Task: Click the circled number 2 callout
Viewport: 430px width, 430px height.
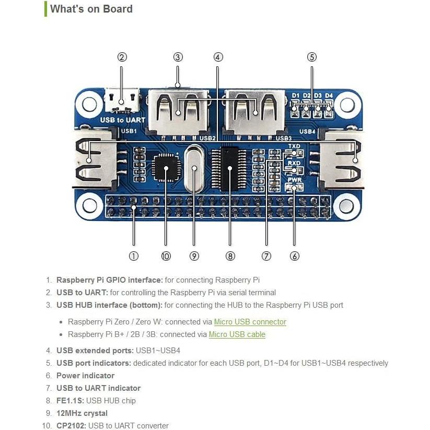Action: coord(122,57)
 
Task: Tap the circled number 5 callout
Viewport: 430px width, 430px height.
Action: coord(312,57)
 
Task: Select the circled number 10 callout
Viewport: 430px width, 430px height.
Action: coord(166,256)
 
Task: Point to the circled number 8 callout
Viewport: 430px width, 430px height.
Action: coord(230,256)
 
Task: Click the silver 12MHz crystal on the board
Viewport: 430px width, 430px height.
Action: coord(193,168)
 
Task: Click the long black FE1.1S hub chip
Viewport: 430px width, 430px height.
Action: coord(230,168)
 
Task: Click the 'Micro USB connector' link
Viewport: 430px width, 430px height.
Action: coord(250,322)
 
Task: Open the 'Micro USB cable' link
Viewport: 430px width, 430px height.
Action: coord(237,334)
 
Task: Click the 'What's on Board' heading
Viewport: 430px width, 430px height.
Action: coord(91,9)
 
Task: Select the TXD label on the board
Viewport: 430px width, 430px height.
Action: coord(294,146)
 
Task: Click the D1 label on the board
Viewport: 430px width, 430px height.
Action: coord(296,96)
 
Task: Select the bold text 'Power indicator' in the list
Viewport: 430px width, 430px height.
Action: coord(85,376)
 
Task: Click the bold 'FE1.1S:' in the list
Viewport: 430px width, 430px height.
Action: coord(70,401)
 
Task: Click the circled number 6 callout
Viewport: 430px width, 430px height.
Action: coord(295,256)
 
